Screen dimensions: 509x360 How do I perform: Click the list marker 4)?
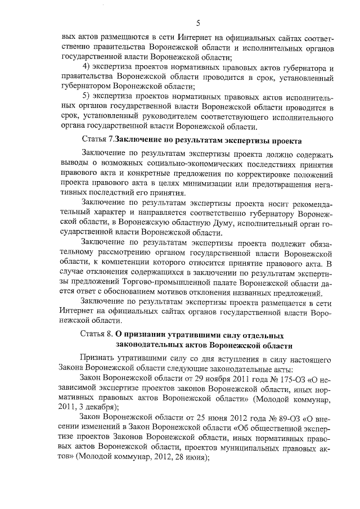point(87,67)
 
